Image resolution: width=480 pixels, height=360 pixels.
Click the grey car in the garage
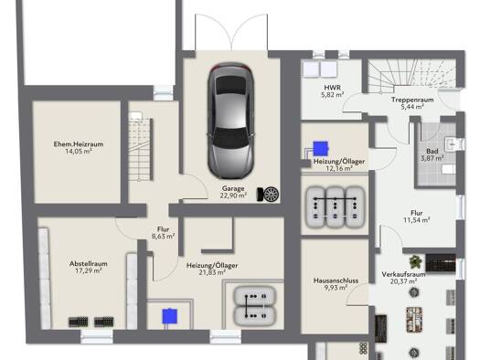tap(231, 121)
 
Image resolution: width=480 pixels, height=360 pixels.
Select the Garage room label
tap(233, 189)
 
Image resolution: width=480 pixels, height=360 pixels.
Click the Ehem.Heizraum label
tap(79, 144)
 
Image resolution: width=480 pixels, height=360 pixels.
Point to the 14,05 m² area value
tap(79, 151)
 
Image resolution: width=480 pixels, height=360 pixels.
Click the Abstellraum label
tap(89, 264)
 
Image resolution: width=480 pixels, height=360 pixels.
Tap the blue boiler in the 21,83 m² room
tap(169, 316)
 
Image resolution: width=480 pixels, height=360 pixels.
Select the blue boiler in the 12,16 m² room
tap(321, 148)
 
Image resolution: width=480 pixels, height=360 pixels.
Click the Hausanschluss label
tap(336, 281)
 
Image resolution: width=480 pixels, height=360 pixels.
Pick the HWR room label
tap(332, 88)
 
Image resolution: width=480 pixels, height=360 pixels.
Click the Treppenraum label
tap(412, 100)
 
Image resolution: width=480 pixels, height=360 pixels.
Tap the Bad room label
tap(432, 151)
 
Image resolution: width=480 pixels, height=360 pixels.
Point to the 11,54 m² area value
tap(417, 220)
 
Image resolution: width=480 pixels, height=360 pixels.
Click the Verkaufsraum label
tap(403, 274)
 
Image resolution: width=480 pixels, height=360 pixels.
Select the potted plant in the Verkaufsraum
tap(415, 262)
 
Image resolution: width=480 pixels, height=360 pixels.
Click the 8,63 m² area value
tap(163, 236)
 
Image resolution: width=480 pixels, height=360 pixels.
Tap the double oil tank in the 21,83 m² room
tap(255, 306)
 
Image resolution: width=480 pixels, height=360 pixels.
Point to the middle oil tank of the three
tap(336, 207)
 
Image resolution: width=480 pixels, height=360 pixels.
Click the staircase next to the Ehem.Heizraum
tap(141, 147)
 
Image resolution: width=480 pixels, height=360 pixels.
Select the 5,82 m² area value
tap(332, 94)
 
